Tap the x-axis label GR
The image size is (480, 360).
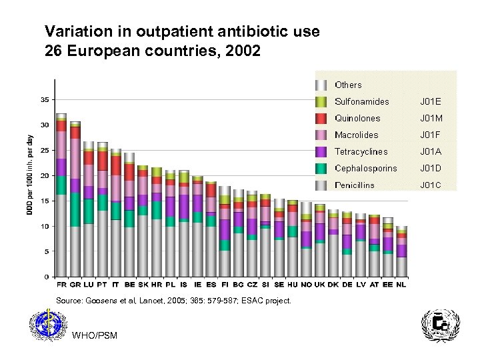click(x=75, y=285)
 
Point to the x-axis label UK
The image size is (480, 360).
click(x=320, y=285)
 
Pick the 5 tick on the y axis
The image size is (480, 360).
click(x=45, y=251)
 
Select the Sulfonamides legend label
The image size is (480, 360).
click(x=361, y=101)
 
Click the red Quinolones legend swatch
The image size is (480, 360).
click(x=321, y=118)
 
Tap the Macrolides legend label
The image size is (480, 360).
click(x=357, y=135)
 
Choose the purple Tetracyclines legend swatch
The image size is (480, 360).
click(x=321, y=151)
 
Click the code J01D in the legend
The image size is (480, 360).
click(x=431, y=168)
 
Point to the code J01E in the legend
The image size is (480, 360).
click(x=431, y=101)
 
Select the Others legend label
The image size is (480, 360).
click(x=348, y=85)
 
